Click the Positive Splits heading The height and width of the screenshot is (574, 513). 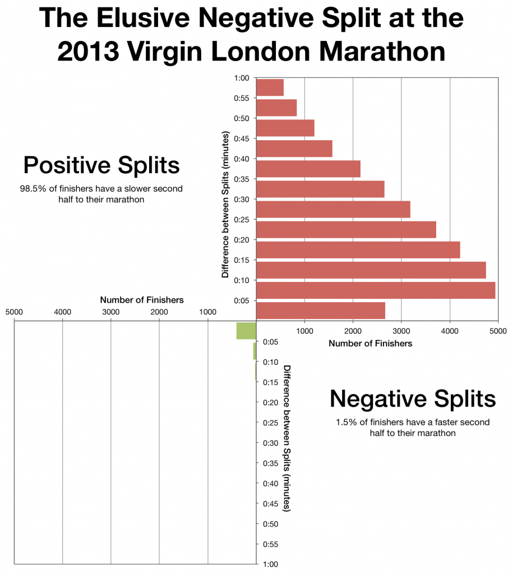pos(101,165)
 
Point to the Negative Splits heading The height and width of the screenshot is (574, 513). pos(413,399)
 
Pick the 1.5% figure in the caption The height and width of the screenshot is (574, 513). pos(345,422)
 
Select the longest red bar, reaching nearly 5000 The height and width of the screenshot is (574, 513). pos(376,290)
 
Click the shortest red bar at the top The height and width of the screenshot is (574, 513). pos(270,87)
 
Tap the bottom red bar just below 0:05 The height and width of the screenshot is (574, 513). pos(320,311)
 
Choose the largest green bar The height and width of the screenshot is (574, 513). pos(246,331)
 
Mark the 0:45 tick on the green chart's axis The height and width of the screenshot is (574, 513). pos(270,503)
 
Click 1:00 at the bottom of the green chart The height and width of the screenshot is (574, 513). pos(270,564)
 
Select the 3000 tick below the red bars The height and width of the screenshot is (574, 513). pos(401,332)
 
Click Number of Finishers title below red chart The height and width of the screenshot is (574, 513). pos(370,343)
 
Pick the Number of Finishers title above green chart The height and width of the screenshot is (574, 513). pos(141,300)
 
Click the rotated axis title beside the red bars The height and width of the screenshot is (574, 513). pos(225,205)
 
